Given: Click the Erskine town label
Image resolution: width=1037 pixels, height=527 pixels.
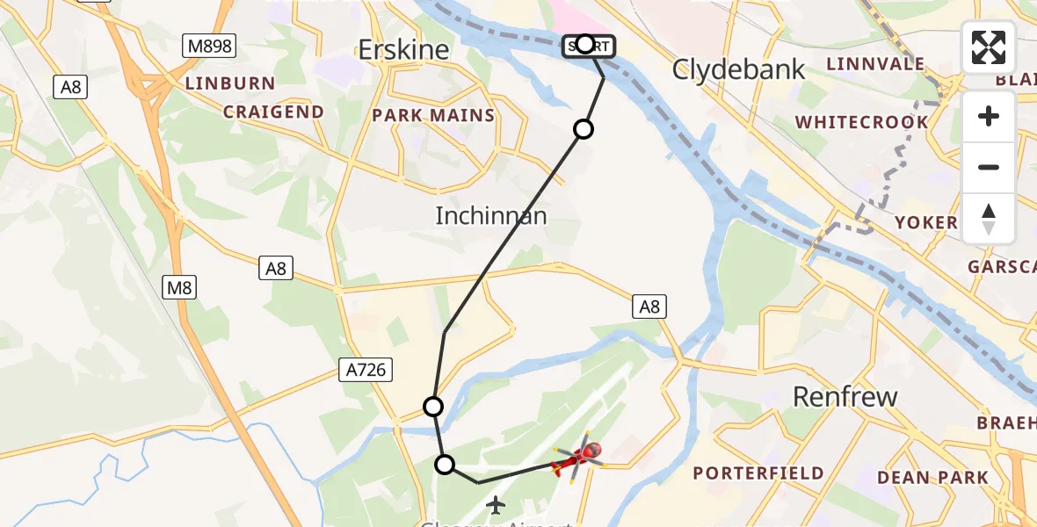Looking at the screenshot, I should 404,50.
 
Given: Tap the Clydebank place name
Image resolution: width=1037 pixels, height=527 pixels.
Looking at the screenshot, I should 738,69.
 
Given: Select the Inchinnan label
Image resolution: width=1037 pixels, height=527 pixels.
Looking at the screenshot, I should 491,215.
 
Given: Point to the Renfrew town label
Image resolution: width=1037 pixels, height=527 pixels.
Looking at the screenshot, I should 845,396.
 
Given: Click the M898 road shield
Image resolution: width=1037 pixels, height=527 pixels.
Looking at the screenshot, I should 209,45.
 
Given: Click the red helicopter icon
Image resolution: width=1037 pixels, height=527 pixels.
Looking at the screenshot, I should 578,458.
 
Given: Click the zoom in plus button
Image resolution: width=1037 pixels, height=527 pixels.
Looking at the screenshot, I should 989,116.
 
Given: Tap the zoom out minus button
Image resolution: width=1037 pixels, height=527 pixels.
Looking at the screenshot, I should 989,167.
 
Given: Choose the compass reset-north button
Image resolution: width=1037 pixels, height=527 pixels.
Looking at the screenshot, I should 989,218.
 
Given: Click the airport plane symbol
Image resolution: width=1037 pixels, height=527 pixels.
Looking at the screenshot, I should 497,505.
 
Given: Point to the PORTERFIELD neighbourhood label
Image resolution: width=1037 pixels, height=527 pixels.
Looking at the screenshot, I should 758,473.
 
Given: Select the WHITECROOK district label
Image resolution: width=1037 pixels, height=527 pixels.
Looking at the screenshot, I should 861,122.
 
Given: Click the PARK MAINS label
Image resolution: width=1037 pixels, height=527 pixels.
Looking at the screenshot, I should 433,115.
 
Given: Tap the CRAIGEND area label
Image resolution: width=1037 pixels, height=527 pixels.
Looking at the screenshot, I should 273,112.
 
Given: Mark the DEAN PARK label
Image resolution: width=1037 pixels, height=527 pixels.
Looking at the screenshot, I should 932,478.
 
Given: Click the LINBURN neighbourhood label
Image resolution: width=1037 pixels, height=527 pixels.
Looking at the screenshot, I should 229,83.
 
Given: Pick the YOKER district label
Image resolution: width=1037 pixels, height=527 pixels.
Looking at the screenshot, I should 925,222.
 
